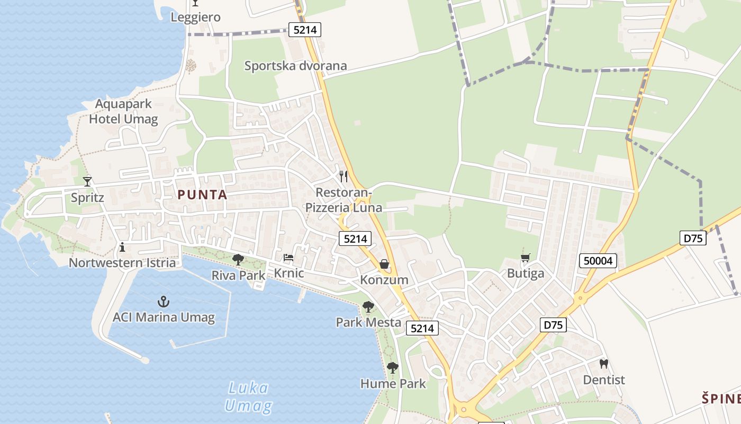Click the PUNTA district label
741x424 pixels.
click(x=203, y=195)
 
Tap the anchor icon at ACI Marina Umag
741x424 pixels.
click(x=163, y=302)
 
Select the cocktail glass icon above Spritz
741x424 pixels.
click(x=87, y=182)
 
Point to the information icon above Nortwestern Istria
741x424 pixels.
click(x=122, y=247)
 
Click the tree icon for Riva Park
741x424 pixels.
click(x=238, y=259)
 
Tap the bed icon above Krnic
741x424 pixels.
click(x=288, y=258)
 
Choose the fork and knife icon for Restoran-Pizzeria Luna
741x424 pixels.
click(x=344, y=176)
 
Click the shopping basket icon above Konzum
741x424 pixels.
click(x=384, y=263)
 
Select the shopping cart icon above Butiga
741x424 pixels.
click(x=525, y=258)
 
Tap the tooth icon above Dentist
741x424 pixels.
click(x=603, y=364)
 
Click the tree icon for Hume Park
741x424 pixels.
click(x=392, y=367)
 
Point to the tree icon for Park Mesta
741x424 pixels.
click(x=368, y=306)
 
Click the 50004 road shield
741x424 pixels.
click(x=598, y=260)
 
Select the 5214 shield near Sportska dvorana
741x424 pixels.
click(x=305, y=30)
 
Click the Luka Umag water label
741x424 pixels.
click(x=248, y=397)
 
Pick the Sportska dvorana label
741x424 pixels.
click(x=295, y=66)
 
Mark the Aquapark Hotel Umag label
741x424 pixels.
click(x=123, y=111)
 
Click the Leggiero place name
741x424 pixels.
click(x=195, y=17)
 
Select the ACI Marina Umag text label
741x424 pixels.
click(x=164, y=317)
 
